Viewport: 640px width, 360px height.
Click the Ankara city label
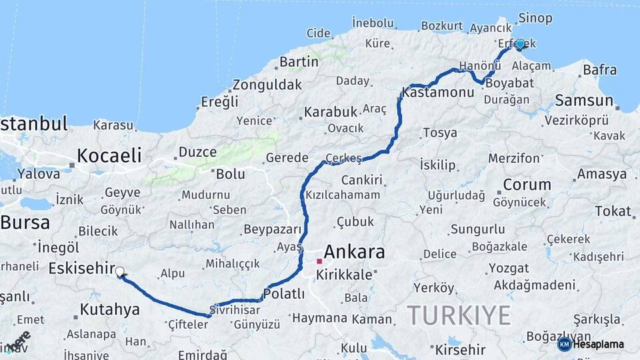[354, 253]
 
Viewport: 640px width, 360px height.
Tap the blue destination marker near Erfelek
[519, 44]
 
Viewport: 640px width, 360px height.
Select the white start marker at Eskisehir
[120, 272]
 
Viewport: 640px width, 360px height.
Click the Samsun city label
[584, 101]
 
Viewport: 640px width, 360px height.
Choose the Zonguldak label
[267, 85]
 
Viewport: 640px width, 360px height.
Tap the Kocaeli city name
[109, 156]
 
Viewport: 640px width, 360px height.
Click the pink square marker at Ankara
[319, 261]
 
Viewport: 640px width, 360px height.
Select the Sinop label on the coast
[535, 17]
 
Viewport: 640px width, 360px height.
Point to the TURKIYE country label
[459, 315]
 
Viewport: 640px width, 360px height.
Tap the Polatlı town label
[284, 294]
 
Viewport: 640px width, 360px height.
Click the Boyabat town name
[509, 84]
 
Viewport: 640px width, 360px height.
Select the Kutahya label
[109, 309]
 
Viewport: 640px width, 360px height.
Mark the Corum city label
[527, 185]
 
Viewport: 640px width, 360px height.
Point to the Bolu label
[230, 174]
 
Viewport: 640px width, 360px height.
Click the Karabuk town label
[331, 112]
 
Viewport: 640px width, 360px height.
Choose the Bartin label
[299, 62]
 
